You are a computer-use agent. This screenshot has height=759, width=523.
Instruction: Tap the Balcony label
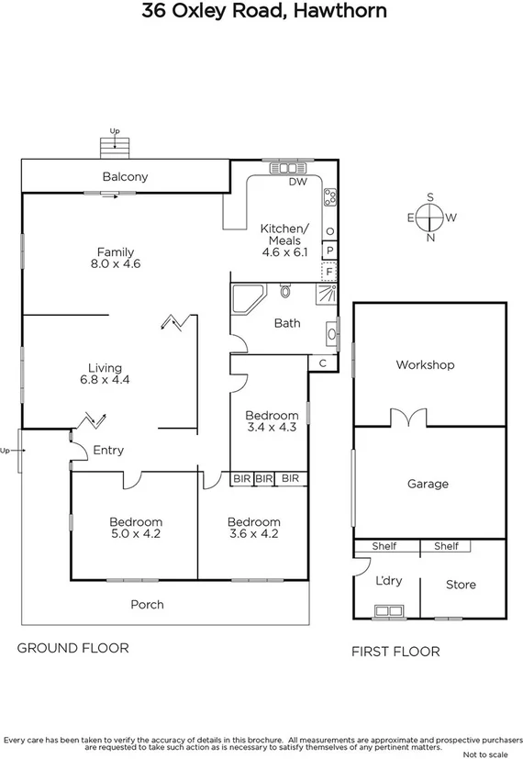pyautogui.click(x=125, y=177)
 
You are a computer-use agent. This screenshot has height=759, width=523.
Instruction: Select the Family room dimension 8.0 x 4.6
pyautogui.click(x=117, y=264)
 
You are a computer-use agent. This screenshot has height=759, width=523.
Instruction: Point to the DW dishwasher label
pyautogui.click(x=296, y=182)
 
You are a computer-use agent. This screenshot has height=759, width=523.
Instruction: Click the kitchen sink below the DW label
pyautogui.click(x=291, y=168)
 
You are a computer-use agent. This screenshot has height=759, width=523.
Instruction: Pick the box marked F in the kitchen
pyautogui.click(x=329, y=271)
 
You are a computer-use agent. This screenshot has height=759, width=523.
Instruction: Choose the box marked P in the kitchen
pyautogui.click(x=329, y=250)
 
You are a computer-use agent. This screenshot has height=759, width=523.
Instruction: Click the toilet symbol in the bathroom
pyautogui.click(x=285, y=293)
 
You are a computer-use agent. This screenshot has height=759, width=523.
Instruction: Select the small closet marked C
pyautogui.click(x=322, y=363)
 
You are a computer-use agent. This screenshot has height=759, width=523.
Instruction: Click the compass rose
pyautogui.click(x=428, y=218)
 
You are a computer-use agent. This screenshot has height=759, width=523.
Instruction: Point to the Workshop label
pyautogui.click(x=425, y=365)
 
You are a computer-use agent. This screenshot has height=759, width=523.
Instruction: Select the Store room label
pyautogui.click(x=461, y=585)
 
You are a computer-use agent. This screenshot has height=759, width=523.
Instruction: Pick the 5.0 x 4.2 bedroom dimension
pyautogui.click(x=136, y=533)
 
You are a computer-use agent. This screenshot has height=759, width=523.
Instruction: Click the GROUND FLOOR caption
pyautogui.click(x=73, y=648)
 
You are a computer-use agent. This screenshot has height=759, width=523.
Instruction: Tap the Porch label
pyautogui.click(x=148, y=604)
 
